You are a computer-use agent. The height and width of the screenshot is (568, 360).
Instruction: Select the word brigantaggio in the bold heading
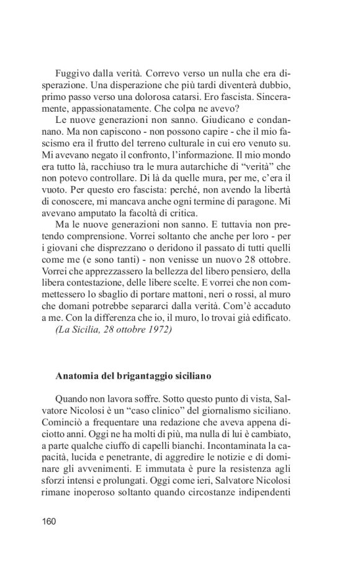point(148,376)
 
